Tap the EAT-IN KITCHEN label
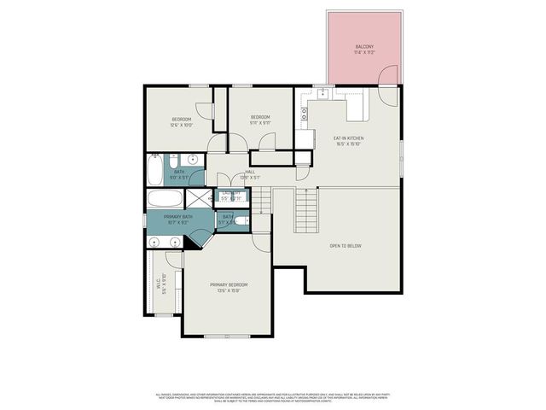348,138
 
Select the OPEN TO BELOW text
346,246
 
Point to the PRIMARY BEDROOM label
229,284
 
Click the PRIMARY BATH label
178,217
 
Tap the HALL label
250,172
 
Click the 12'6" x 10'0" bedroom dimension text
182,125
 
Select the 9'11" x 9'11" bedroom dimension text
260,123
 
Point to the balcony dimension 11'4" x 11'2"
363,53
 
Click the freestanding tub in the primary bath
164,200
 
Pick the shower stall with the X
197,198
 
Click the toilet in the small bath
242,221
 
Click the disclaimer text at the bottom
273,397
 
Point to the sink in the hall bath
193,160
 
